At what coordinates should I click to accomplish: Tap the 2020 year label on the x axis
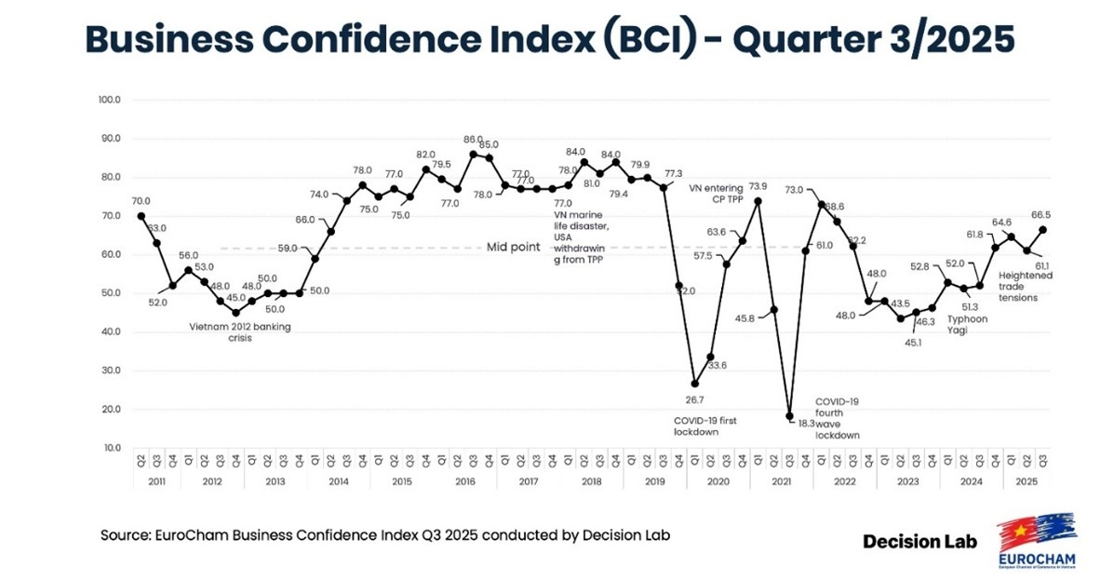[x=718, y=481]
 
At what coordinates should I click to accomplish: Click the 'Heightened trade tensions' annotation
[x=1025, y=287]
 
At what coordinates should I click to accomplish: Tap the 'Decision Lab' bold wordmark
[x=919, y=540]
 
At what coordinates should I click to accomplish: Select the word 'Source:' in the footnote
[x=124, y=535]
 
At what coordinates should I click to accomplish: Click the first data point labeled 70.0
[x=141, y=216]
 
